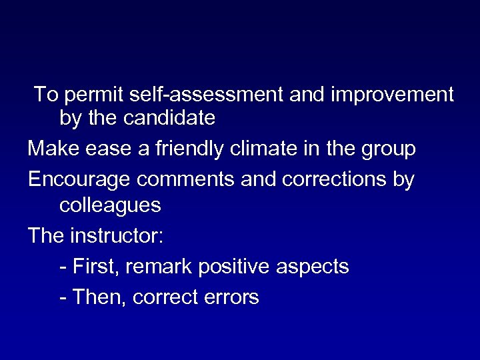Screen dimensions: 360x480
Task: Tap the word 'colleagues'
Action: pos(110,205)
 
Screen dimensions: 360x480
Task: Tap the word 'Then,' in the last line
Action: pos(99,297)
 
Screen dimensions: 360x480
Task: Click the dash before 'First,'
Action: pos(63,267)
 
